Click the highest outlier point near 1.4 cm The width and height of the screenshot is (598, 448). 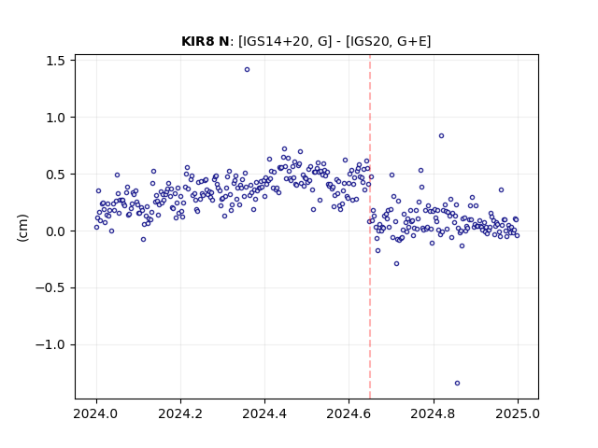247,70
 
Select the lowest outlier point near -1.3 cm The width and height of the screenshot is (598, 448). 457,384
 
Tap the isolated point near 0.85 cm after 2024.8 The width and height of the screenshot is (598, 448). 441,136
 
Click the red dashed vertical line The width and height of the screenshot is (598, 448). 370,227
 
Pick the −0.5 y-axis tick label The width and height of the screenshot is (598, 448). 50,288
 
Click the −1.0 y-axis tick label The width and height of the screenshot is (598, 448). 50,344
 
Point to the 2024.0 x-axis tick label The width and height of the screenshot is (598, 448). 96,413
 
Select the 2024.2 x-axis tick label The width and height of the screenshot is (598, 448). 180,413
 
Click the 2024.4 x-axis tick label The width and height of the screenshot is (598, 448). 264,413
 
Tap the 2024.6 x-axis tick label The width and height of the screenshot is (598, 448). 349,413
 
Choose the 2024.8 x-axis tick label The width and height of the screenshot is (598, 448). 434,413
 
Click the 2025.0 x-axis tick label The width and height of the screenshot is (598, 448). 518,413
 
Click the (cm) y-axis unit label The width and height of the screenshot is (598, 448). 22,228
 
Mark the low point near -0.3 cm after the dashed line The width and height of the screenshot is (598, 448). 396,263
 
